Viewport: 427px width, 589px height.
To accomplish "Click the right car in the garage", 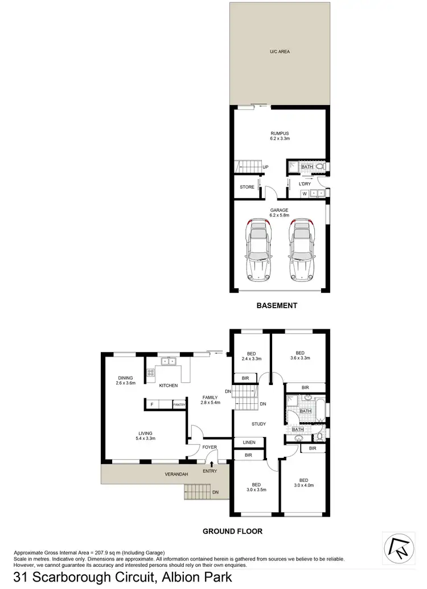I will click(x=301, y=251).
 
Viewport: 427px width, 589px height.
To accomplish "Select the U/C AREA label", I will click(x=280, y=51).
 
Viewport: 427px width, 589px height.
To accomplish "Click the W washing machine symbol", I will click(x=305, y=194).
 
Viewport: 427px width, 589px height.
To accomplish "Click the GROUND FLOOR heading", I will click(x=232, y=531).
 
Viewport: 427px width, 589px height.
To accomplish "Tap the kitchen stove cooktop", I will click(x=151, y=373).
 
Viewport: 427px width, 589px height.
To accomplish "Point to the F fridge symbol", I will click(x=151, y=404).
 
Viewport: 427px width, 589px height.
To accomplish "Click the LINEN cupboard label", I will click(x=249, y=442).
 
